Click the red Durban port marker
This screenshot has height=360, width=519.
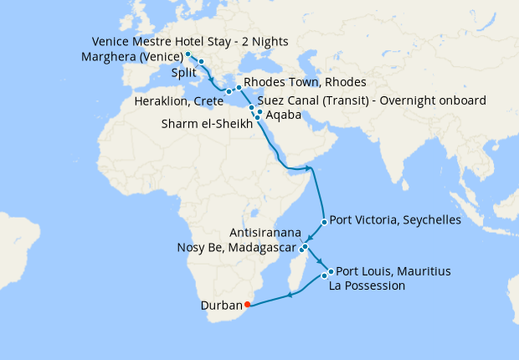[x=247, y=305]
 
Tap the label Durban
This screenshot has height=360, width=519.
[x=220, y=306]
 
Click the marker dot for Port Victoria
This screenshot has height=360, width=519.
[x=323, y=222]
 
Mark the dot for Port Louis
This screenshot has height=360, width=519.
[x=331, y=271]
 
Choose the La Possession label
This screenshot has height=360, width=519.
[x=367, y=285]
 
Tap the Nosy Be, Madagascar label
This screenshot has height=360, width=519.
[x=237, y=248]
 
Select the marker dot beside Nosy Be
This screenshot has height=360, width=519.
[x=301, y=249]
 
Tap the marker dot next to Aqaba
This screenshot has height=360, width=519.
[x=259, y=112]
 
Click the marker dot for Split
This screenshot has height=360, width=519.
[x=202, y=63]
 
